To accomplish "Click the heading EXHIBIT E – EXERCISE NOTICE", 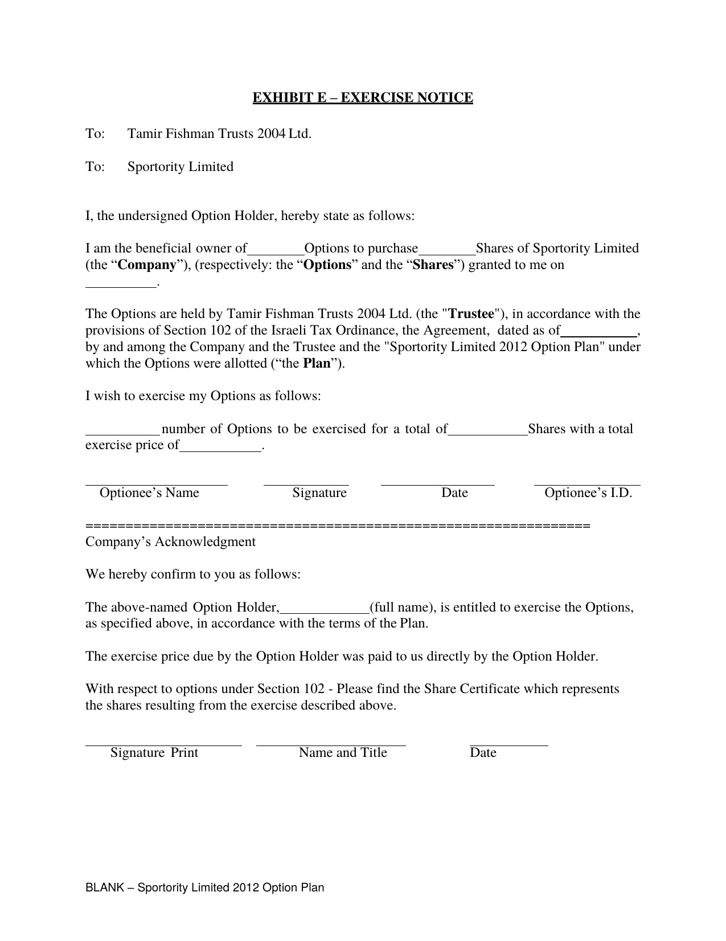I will [363, 97].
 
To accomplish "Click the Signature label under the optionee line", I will [319, 492].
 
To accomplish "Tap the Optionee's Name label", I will [149, 492].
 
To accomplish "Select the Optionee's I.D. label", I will [588, 492].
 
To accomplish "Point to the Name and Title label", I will [343, 752].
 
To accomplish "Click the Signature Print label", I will [154, 752].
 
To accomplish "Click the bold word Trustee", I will [471, 313].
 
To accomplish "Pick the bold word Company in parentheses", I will [146, 264].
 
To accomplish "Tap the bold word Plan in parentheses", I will [317, 363].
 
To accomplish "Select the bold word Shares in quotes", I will [433, 264].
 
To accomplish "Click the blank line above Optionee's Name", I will [157, 484].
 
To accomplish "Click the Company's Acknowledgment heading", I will [170, 541].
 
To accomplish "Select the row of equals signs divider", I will [338, 525].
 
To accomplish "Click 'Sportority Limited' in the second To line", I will [181, 166].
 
